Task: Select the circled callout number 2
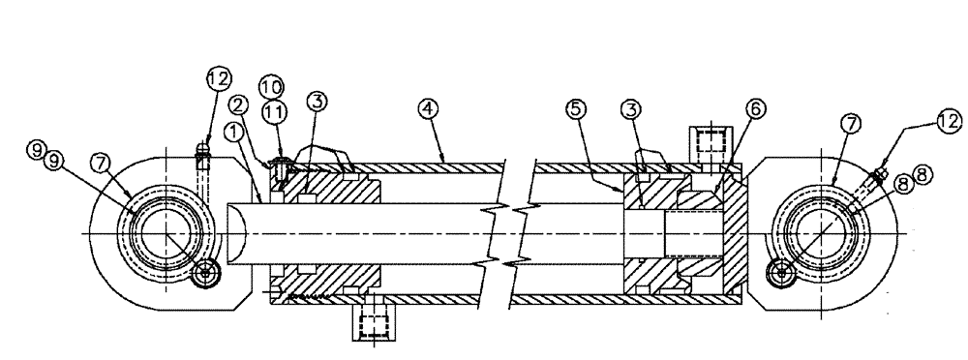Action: [x=239, y=103]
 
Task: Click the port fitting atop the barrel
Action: [x=707, y=143]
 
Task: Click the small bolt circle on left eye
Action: [x=204, y=275]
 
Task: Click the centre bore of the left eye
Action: [x=164, y=234]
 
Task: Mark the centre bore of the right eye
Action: [x=825, y=235]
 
